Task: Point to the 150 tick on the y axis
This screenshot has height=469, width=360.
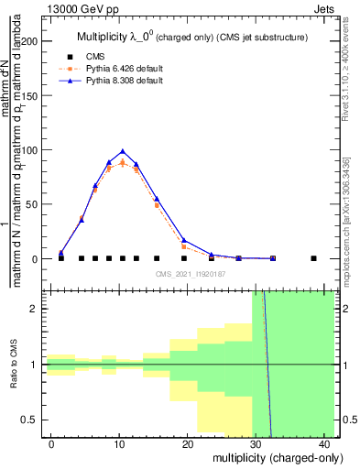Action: click(x=29, y=96)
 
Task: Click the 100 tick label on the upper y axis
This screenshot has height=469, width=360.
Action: click(x=29, y=150)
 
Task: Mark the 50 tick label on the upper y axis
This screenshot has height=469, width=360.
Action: click(x=32, y=204)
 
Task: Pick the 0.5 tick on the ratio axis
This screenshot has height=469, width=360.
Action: click(x=33, y=420)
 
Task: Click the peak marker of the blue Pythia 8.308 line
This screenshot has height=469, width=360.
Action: click(x=122, y=151)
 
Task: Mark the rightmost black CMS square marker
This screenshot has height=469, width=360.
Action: click(x=313, y=258)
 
